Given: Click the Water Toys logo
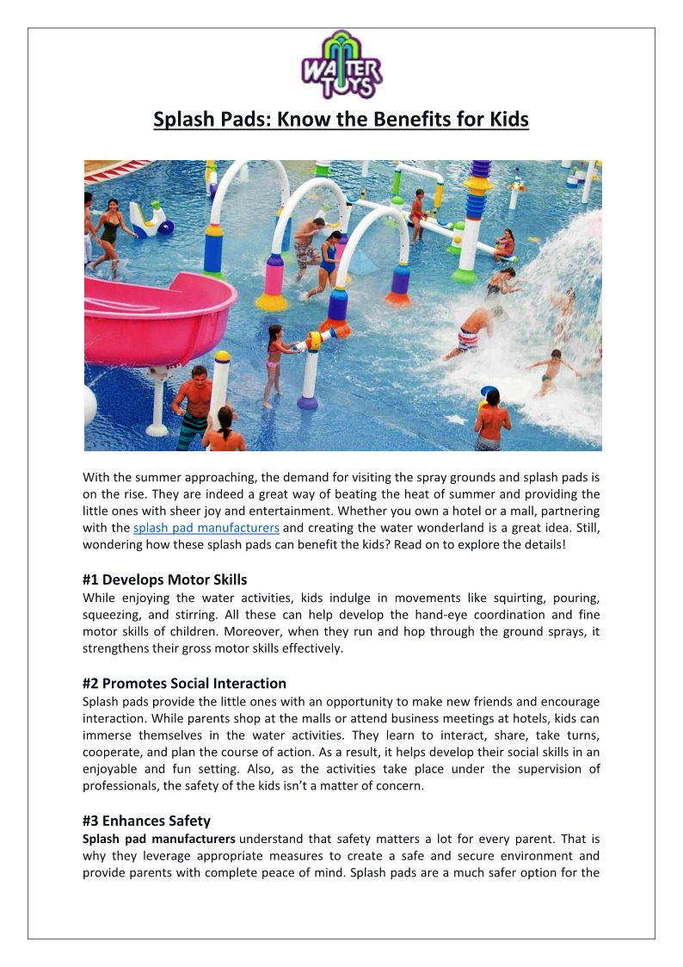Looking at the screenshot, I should click(x=341, y=65).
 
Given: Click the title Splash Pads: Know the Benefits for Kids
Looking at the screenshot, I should click(x=341, y=119).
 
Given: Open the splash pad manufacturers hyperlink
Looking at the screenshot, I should click(x=206, y=528).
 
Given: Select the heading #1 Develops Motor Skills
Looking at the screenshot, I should click(x=164, y=580).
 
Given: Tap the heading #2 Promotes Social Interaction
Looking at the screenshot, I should click(x=184, y=683).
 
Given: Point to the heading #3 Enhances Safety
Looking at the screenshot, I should click(x=146, y=821).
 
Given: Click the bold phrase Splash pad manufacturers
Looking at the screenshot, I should click(x=159, y=838).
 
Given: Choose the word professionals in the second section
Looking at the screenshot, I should click(x=121, y=785).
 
